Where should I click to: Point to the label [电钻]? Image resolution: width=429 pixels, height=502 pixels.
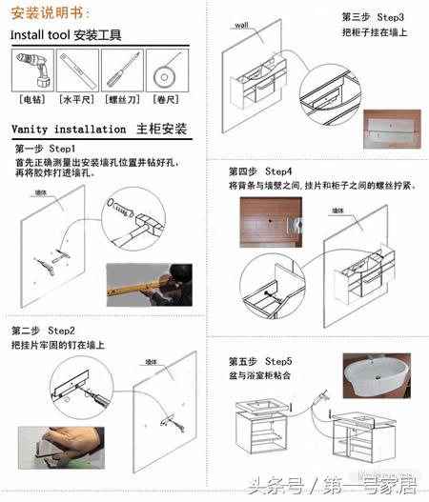coord(31,98)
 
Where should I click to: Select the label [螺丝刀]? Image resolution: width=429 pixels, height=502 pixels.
coord(123,98)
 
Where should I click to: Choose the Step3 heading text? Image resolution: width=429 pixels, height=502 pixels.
coord(362,17)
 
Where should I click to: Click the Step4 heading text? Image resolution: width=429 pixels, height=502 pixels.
coord(259,171)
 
